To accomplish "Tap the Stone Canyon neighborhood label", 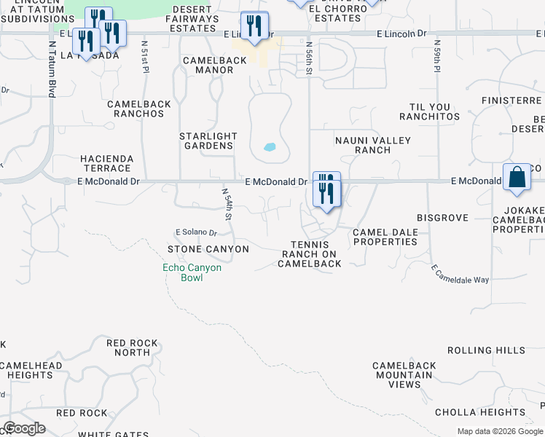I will [x=208, y=249].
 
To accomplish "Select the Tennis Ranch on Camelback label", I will [x=310, y=254].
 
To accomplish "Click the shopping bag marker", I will [x=517, y=177].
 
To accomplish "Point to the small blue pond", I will [x=270, y=146].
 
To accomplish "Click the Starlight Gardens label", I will [x=208, y=141].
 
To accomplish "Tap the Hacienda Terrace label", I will [x=106, y=163].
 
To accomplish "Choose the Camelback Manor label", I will [x=215, y=66].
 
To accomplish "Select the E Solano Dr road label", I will [x=197, y=232].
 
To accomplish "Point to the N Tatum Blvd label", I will [x=52, y=68].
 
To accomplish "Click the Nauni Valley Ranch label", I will [x=373, y=145].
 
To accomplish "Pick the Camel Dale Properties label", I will [x=385, y=237].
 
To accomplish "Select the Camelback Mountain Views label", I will [x=404, y=375].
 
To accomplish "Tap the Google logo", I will [x=24, y=428].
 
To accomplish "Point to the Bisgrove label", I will [x=441, y=218].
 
